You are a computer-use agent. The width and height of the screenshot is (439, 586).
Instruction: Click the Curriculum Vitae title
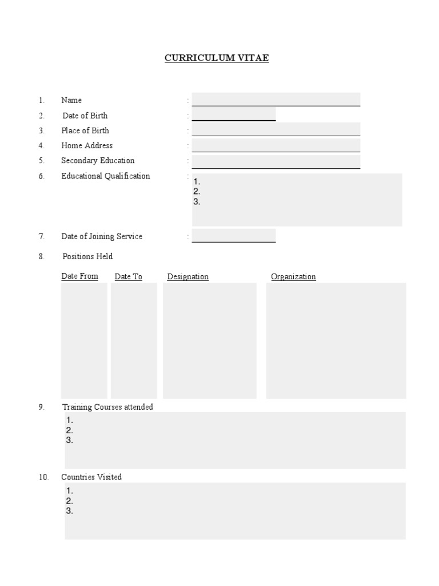(x=217, y=58)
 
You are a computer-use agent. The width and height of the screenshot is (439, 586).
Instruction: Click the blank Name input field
(x=276, y=100)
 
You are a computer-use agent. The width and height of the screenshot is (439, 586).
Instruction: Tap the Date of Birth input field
(x=234, y=114)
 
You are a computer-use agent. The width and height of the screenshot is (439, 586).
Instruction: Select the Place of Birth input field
(x=276, y=129)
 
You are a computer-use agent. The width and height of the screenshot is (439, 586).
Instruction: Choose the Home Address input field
(x=276, y=145)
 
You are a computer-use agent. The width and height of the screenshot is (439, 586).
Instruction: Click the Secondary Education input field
(x=276, y=161)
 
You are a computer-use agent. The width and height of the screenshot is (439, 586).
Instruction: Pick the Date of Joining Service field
(x=234, y=236)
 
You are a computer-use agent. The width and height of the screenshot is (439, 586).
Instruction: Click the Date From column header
(x=80, y=276)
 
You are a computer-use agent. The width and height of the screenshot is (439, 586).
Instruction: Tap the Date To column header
(x=129, y=277)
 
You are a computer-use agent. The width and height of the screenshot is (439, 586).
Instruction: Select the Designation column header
(x=188, y=277)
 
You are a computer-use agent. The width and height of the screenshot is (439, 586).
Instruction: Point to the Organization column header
(x=293, y=277)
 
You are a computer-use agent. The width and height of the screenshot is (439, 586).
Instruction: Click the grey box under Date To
(x=134, y=340)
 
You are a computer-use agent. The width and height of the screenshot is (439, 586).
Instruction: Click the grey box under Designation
(x=210, y=340)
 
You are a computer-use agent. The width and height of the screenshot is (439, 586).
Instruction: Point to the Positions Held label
(x=87, y=256)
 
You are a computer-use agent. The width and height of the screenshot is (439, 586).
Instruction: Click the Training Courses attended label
(x=107, y=407)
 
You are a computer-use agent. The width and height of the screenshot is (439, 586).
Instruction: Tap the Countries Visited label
(x=92, y=477)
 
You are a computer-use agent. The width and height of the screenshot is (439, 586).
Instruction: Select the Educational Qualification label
(x=106, y=176)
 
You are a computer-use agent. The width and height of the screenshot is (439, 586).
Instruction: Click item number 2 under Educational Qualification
(x=197, y=192)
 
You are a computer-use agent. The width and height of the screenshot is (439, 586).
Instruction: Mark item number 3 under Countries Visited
(x=70, y=511)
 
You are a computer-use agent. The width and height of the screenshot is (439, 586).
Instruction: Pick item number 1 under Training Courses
(x=70, y=421)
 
